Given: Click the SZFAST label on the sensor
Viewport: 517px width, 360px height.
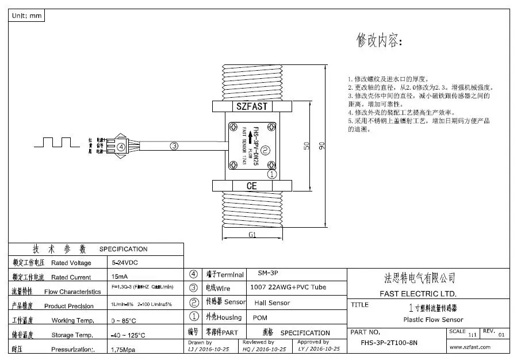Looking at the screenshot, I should (x=252, y=106).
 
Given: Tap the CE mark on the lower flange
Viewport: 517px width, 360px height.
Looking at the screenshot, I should (x=252, y=186).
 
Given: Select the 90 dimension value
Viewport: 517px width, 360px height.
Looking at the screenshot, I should (x=330, y=146).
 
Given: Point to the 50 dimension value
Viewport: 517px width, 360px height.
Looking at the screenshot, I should (x=308, y=146).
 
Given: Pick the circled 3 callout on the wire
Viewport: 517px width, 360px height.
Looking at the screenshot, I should (x=174, y=146).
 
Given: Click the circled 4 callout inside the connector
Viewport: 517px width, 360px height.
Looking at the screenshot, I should (x=121, y=147).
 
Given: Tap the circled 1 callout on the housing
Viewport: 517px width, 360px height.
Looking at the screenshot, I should (x=272, y=173).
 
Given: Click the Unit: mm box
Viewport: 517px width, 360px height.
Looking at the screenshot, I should (x=26, y=16).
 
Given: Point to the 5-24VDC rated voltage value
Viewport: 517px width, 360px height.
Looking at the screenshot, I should (x=124, y=262).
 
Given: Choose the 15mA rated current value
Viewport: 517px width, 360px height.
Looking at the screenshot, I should (x=120, y=277).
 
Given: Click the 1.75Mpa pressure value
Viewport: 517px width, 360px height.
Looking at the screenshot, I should (x=122, y=349).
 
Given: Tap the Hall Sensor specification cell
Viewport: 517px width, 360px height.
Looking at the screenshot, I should (x=272, y=302).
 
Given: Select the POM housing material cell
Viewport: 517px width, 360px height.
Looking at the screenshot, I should (x=260, y=317).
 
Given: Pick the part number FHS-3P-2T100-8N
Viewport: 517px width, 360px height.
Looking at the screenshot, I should (x=389, y=343).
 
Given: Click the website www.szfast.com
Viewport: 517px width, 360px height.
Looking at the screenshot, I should (x=470, y=347).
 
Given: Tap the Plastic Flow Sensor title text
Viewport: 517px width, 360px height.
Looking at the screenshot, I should (x=433, y=320).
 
